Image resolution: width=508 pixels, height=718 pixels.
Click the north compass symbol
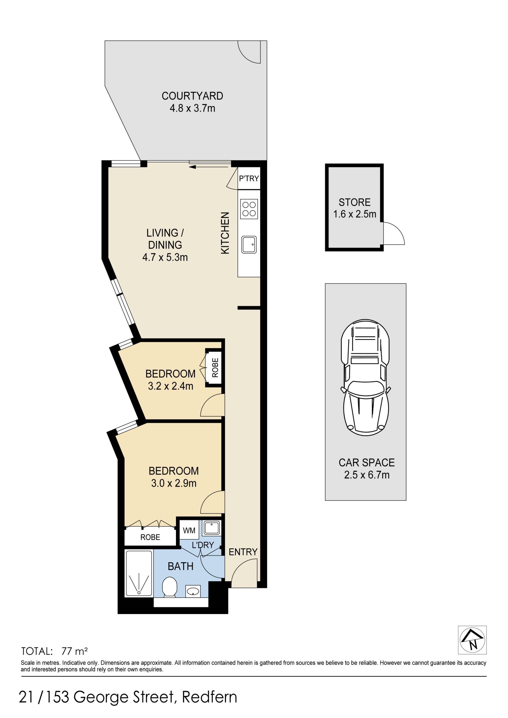pos(472,639)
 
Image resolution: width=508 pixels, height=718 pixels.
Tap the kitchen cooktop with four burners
pos(249,209)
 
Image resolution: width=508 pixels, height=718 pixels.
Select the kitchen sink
pos(249,245)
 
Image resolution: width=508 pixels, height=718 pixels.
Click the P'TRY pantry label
pos(249,178)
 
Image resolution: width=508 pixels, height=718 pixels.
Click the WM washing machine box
pos(189,531)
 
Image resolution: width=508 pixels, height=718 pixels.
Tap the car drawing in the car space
pos(365,377)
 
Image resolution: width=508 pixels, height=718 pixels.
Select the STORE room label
pos(355,202)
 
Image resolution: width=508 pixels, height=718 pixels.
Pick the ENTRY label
pos(243,552)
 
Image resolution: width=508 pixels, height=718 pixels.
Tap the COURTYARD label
pos(192,96)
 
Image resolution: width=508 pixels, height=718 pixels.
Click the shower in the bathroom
pos(139,573)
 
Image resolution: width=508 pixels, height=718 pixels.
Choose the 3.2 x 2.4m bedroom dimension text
pos(170,386)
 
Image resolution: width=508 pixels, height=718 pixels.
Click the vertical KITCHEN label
pos(225,233)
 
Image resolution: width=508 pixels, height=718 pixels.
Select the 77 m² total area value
pos(74,651)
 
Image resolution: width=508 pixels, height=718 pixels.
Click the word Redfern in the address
pos(210,697)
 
